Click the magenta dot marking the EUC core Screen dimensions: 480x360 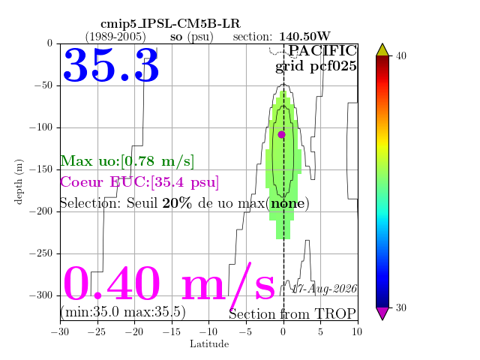(x=282, y=134)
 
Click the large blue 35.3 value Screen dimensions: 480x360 (x=111, y=65)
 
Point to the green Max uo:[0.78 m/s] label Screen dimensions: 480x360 (x=127, y=161)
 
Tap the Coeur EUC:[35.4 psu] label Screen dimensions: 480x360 (x=139, y=182)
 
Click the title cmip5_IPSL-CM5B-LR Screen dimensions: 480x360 (x=170, y=24)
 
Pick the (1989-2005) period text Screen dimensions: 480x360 (x=115, y=37)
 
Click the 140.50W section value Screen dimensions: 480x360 (x=304, y=37)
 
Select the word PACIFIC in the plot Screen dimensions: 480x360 (x=322, y=50)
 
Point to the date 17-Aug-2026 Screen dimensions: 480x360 (x=325, y=289)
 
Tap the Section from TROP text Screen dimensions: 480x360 (x=292, y=314)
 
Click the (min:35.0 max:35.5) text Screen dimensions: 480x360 (x=123, y=312)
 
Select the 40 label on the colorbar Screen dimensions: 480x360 (x=401, y=56)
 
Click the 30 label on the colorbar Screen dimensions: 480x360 (x=401, y=307)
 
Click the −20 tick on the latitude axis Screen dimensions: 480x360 (x=135, y=331)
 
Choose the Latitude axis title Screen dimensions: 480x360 (x=209, y=343)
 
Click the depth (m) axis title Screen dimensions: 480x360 (x=18, y=181)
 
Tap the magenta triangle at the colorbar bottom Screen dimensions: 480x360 (x=382, y=313)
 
